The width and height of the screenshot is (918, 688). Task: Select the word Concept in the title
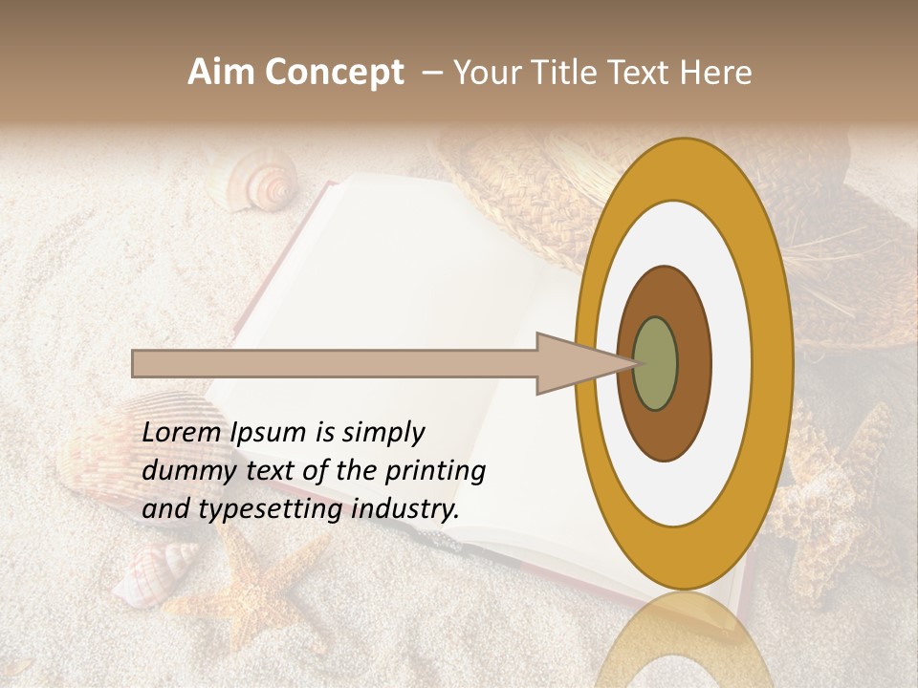334,73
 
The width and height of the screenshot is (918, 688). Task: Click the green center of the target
655,363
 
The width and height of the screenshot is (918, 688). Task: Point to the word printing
435,471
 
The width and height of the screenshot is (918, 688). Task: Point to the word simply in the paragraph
382,433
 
